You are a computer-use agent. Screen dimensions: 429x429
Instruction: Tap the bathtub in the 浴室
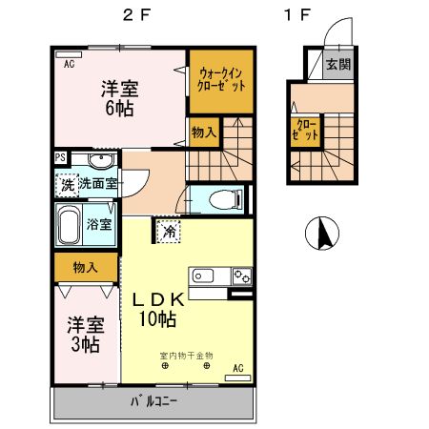(69, 224)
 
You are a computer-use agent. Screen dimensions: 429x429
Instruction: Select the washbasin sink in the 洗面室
(101, 160)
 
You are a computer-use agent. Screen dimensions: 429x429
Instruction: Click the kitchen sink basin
(203, 276)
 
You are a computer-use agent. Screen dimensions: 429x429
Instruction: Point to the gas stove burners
(242, 276)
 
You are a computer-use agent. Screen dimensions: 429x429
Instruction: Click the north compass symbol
(322, 233)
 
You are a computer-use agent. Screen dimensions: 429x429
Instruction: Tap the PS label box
(60, 157)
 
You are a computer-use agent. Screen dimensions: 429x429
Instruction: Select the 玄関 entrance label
(338, 64)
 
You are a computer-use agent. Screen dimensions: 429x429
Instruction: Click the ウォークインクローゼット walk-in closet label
(221, 79)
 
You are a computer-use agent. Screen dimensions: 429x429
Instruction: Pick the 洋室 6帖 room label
(119, 98)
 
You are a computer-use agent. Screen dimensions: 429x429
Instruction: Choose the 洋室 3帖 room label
(86, 335)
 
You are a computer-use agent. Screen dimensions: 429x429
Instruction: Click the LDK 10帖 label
(158, 309)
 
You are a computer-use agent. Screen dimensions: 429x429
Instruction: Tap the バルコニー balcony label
(153, 401)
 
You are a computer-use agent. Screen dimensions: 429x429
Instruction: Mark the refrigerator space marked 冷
(169, 231)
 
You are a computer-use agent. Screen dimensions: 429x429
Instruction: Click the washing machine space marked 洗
(67, 185)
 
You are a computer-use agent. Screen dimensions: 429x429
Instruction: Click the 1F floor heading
(297, 15)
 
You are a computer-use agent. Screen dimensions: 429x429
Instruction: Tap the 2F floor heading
(136, 15)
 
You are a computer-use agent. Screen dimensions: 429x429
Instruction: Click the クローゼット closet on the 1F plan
(305, 131)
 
